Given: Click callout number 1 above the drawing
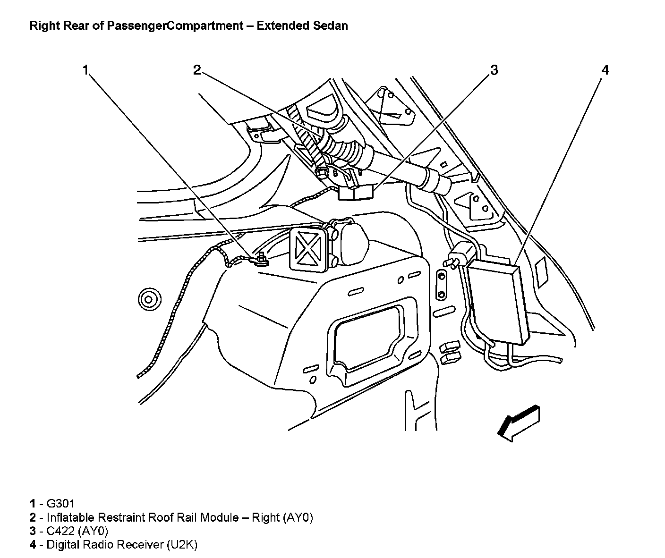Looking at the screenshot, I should click(x=85, y=70).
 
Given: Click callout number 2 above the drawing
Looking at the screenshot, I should click(x=197, y=70).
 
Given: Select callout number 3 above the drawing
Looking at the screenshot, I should click(x=494, y=70).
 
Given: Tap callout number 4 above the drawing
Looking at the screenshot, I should click(x=605, y=70).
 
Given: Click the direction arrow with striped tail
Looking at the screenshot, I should click(x=518, y=423).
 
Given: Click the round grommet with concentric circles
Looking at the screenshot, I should click(x=149, y=299).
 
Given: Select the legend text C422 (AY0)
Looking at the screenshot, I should click(x=77, y=531).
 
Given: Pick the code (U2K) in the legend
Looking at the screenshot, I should click(x=182, y=544).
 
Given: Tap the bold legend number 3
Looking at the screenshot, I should click(x=33, y=531).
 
